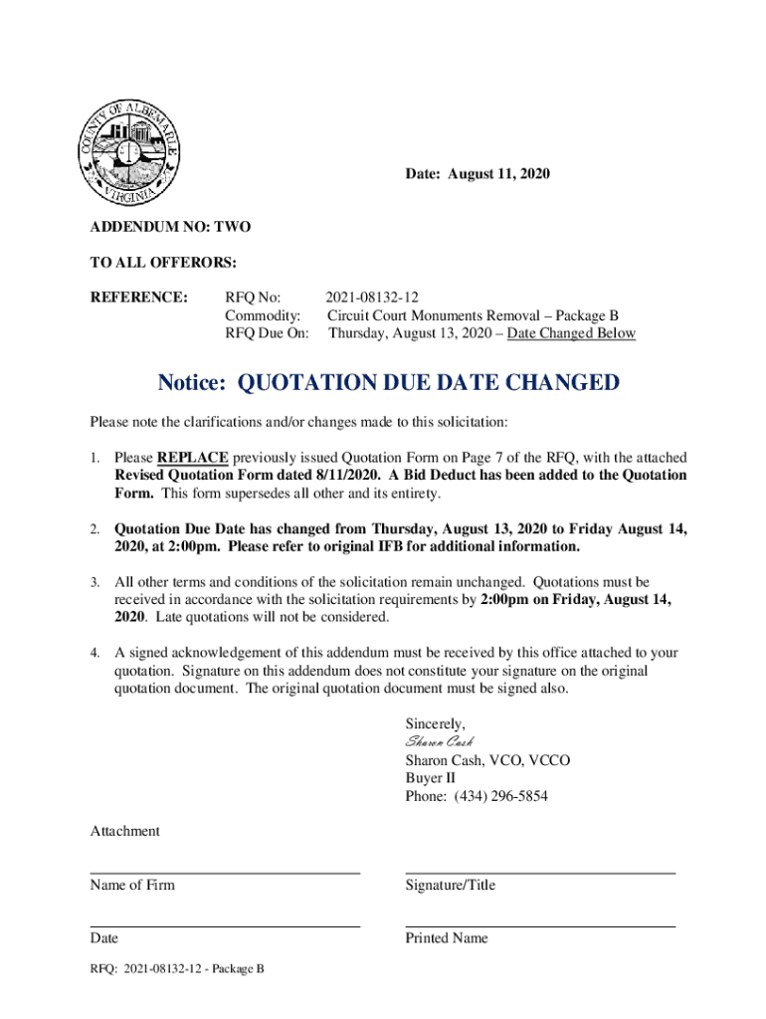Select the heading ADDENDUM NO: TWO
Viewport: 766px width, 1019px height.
(x=170, y=227)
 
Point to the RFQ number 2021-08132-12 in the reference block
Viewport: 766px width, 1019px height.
(x=372, y=298)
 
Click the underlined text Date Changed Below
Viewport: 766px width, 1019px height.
(x=571, y=333)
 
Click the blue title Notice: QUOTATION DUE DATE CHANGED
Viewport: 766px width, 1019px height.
(x=389, y=383)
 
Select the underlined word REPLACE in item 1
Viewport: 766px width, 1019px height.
(x=192, y=458)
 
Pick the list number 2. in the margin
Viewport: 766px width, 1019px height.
(x=96, y=529)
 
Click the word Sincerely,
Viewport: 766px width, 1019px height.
(x=435, y=723)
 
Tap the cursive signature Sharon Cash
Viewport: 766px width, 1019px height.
(x=439, y=742)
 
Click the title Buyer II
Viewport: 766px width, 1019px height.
(x=430, y=779)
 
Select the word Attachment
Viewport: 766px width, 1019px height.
(x=124, y=831)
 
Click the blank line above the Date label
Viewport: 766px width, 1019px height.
(x=225, y=925)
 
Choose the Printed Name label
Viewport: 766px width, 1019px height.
(x=447, y=938)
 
